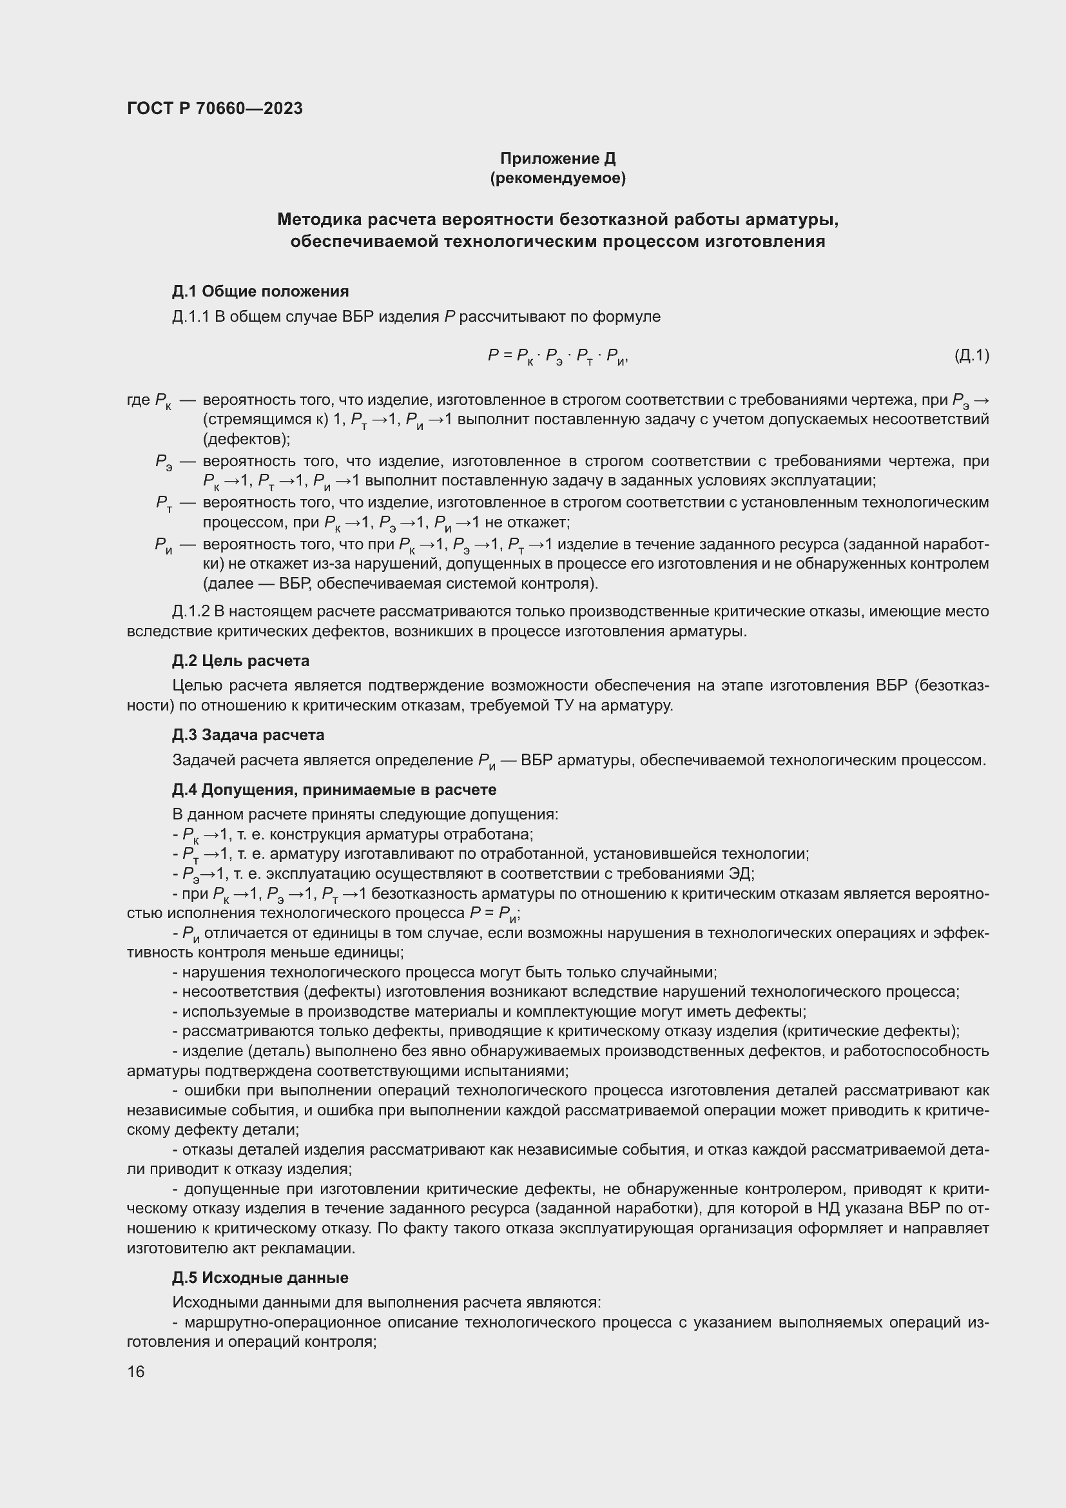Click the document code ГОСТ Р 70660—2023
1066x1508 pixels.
pos(215,108)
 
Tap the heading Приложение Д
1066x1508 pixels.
pos(557,159)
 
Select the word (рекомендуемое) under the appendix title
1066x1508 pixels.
pos(557,178)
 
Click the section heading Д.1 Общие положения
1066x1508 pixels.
pos(260,291)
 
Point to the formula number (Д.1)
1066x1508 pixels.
pos(971,355)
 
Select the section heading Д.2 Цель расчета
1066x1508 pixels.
pos(241,661)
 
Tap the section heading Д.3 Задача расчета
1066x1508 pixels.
pos(248,735)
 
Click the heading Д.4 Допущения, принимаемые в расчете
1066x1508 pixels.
pos(334,790)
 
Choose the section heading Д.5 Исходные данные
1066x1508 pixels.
pos(260,1277)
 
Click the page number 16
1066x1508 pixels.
pos(136,1371)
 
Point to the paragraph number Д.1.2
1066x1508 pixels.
pos(190,611)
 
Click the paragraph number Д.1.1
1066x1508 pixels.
pos(190,317)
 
